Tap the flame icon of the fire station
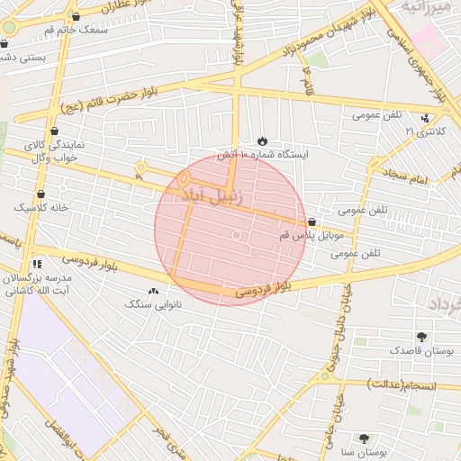[x=262, y=141]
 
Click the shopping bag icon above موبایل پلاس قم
[x=312, y=221]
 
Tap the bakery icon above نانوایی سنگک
[x=152, y=291]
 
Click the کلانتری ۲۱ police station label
[x=422, y=131]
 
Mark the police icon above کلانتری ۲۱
[x=425, y=118]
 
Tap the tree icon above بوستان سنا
[x=364, y=438]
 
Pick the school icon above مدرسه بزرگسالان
[x=37, y=264]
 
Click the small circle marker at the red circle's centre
[x=236, y=235]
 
